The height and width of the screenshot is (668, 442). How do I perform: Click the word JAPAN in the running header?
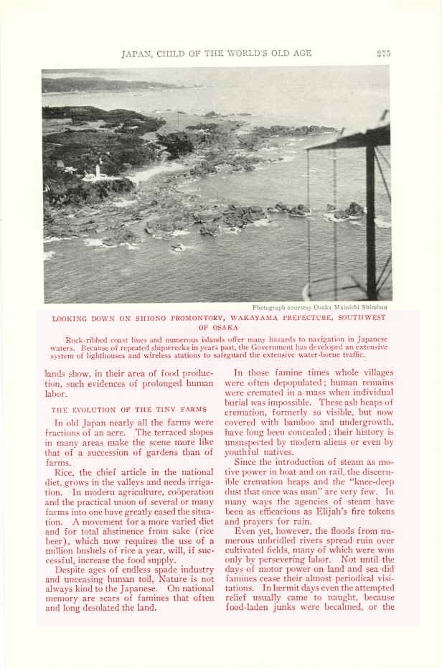click(x=136, y=53)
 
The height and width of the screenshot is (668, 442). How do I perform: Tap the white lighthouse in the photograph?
click(x=97, y=171)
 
